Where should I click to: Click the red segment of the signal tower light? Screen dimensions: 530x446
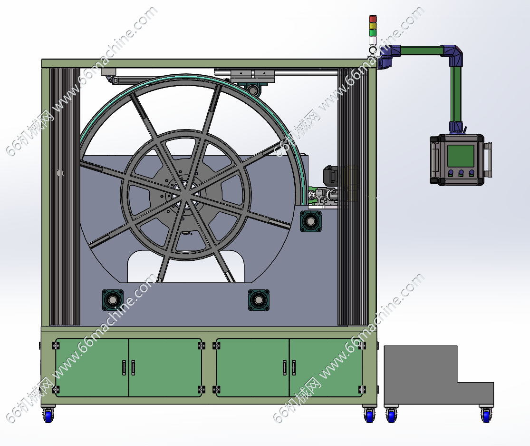[x=373, y=19]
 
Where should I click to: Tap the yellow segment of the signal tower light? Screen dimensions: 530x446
[x=373, y=26]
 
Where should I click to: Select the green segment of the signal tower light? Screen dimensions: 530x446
[x=373, y=32]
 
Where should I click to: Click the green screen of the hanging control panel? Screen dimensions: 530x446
[x=461, y=156]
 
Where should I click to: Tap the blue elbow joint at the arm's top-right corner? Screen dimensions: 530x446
[x=454, y=55]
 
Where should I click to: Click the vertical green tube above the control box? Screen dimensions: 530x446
[x=455, y=94]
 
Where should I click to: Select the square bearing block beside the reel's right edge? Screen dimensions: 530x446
[x=310, y=221]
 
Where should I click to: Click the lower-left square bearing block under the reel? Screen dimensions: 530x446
[x=113, y=300]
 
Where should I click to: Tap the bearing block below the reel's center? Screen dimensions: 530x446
[x=259, y=300]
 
